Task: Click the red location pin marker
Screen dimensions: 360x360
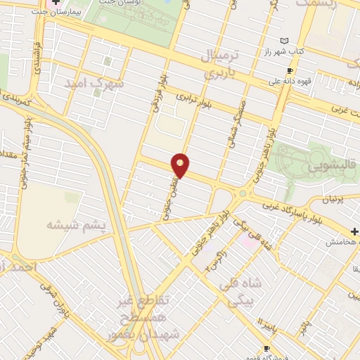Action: (x=181, y=165)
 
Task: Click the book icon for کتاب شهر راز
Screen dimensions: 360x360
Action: (x=284, y=41)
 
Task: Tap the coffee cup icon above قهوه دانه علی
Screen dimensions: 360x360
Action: (x=289, y=71)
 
